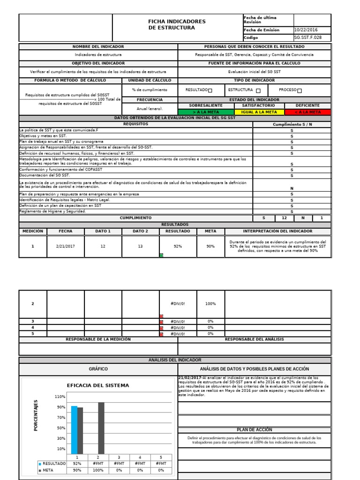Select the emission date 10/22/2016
[x=306, y=30]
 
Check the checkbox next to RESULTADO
[x=210, y=90]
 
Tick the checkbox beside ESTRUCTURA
[x=258, y=90]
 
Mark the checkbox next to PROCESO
[x=300, y=90]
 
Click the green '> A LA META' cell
[x=206, y=112]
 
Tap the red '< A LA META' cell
[x=307, y=112]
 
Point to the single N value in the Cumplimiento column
[x=292, y=188]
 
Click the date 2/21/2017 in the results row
[x=65, y=246]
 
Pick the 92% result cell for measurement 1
[x=178, y=246]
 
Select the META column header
[x=210, y=231]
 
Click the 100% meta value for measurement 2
[x=210, y=304]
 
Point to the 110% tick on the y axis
[x=60, y=397]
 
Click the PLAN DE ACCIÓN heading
[x=255, y=429]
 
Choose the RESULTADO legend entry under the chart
[x=53, y=463]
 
